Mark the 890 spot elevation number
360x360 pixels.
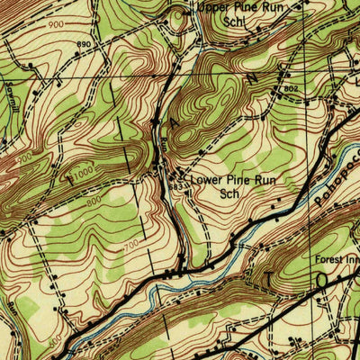(x=85, y=44)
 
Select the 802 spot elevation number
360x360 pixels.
(x=290, y=89)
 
